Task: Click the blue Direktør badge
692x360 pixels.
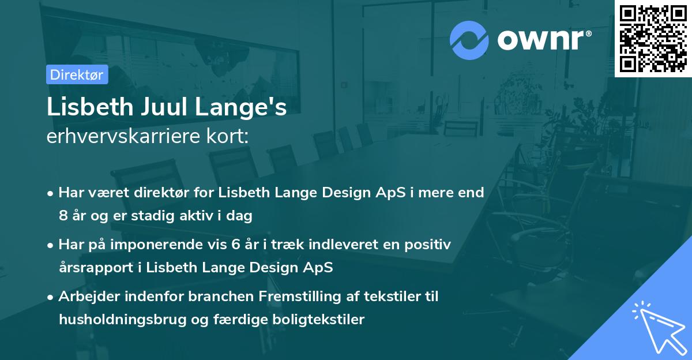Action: click(77, 74)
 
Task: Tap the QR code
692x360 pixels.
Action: click(653, 39)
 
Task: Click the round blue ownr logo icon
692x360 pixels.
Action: click(469, 40)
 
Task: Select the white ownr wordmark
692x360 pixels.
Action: click(544, 40)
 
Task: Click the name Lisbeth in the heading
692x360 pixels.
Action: click(90, 107)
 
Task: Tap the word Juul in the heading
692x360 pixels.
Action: click(164, 107)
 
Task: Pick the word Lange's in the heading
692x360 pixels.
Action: click(241, 108)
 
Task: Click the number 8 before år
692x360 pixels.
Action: click(63, 215)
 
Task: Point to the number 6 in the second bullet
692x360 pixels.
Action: click(236, 245)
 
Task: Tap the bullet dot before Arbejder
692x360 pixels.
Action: click(50, 298)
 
